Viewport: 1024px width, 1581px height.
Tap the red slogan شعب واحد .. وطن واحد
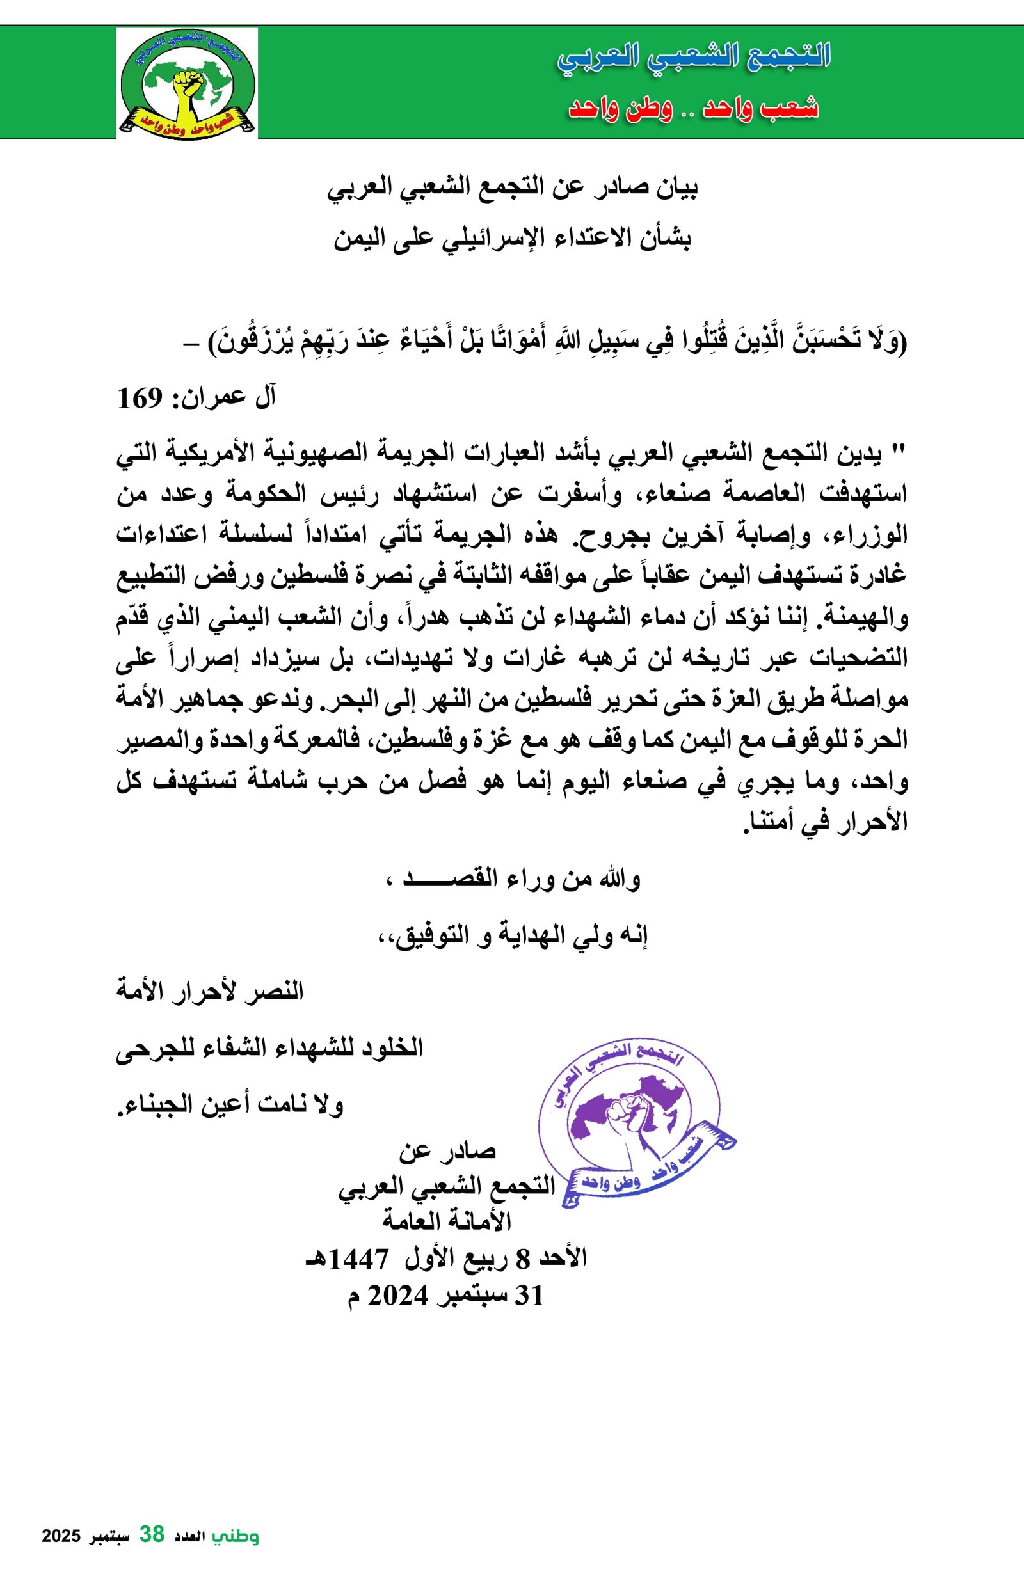(x=693, y=107)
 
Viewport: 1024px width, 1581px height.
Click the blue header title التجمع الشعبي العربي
(x=694, y=57)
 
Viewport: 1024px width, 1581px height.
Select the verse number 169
(x=140, y=399)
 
